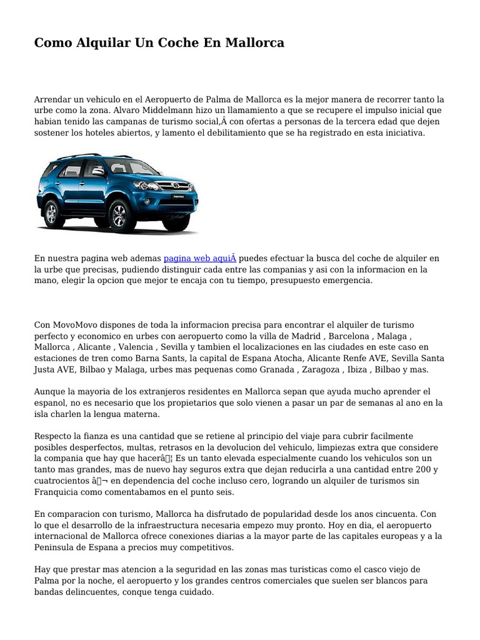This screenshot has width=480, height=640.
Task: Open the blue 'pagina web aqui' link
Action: point(200,258)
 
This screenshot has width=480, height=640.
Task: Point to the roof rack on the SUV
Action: point(77,156)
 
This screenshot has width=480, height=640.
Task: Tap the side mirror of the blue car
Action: point(99,171)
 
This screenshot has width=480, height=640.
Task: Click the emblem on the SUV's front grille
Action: point(167,185)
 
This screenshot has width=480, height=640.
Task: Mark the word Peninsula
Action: point(57,547)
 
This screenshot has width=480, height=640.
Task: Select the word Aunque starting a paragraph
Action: point(50,392)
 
